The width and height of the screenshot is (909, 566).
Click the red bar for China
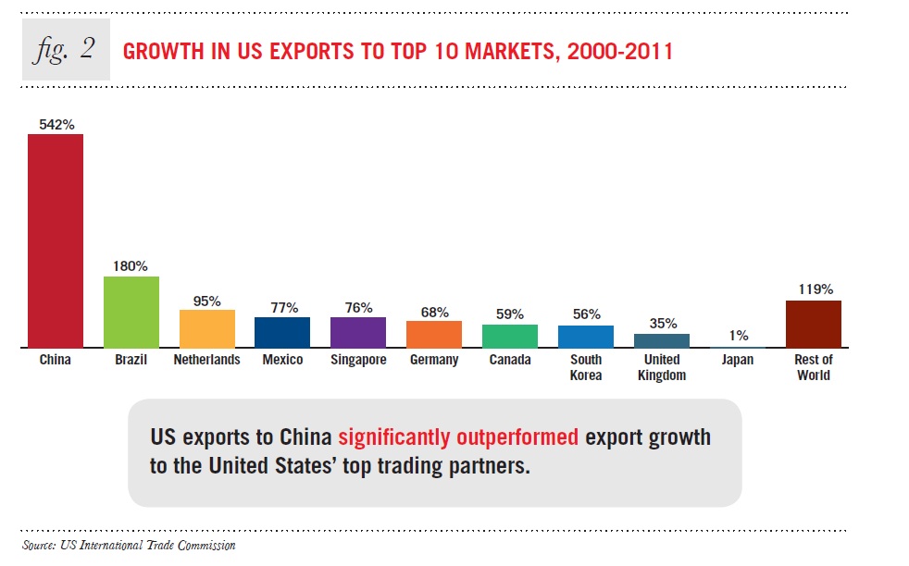56,240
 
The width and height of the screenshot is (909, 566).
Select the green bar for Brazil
131,312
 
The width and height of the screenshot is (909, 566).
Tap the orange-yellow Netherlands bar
206,328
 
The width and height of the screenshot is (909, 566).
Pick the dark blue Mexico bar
282,332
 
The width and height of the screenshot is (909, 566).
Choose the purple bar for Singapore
358,332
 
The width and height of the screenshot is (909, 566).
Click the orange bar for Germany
434,334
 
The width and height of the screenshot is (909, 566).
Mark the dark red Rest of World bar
814,324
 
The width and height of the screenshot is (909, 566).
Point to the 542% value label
56,123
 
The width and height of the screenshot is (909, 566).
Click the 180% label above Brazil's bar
131,265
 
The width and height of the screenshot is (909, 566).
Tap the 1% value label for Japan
738,337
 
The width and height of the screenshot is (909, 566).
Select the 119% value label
814,289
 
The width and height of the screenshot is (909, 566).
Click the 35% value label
662,323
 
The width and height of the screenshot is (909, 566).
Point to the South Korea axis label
586,367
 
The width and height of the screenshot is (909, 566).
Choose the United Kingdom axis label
662,367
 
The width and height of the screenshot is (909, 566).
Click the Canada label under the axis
510,360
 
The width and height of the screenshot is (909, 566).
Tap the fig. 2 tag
66,49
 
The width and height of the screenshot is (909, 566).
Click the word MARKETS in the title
488,51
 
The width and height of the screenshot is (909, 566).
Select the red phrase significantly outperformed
458,437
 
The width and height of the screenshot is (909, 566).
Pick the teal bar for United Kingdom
662,340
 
